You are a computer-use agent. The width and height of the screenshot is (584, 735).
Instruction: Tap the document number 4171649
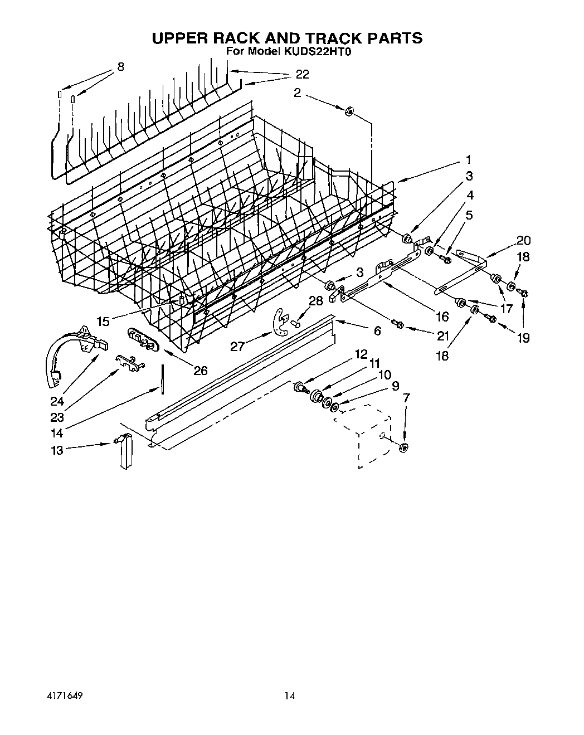tap(62, 695)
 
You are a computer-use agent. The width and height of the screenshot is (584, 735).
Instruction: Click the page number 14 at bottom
tap(289, 695)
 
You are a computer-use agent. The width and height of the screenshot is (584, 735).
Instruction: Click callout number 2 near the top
tap(297, 93)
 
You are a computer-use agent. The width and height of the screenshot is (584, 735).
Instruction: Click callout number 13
tap(57, 450)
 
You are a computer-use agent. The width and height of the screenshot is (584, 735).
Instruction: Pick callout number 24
tap(58, 401)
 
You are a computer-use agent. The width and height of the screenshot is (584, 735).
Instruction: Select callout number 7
tap(405, 398)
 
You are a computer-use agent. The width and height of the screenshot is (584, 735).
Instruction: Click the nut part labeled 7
tap(405, 446)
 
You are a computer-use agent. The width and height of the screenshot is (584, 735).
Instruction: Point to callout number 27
tap(237, 347)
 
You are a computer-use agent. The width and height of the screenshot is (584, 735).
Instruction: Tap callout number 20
tap(523, 241)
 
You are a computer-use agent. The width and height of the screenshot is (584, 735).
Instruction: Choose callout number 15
tap(103, 322)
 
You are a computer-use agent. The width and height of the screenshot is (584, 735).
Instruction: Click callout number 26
tap(200, 370)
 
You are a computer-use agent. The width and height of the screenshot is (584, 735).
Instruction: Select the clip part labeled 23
tap(129, 362)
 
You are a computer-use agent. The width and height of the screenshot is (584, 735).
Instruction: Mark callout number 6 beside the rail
tap(377, 331)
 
